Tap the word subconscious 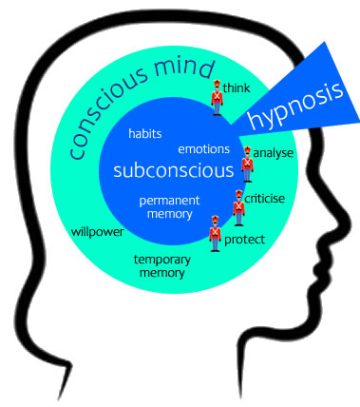tap(172, 172)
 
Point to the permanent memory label tap(168, 208)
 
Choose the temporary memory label tap(161, 266)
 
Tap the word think tap(237, 88)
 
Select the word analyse tap(274, 152)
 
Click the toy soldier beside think tap(217, 98)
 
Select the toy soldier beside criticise tap(239, 204)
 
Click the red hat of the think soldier tap(217, 84)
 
